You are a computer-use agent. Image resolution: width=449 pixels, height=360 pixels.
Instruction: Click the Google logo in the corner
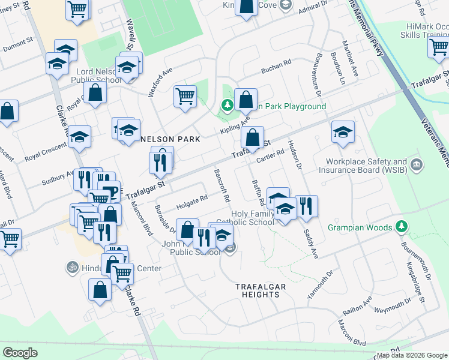(x=20, y=353)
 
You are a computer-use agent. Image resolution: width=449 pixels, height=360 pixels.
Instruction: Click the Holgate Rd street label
(x=191, y=202)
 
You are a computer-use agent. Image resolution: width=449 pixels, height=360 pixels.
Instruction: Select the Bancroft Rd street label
(x=222, y=185)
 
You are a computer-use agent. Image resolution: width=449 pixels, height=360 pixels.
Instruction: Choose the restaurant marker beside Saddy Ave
(x=307, y=206)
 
